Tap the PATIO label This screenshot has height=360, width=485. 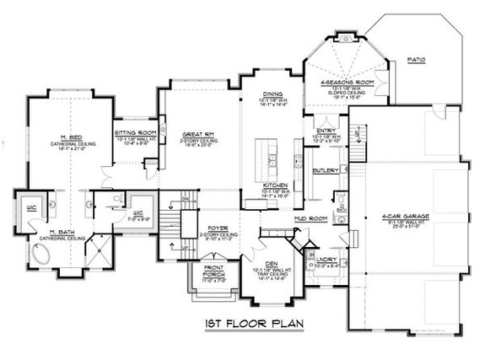click(x=416, y=61)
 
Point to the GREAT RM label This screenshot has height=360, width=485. click(x=196, y=133)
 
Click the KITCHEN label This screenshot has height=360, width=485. click(x=276, y=185)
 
